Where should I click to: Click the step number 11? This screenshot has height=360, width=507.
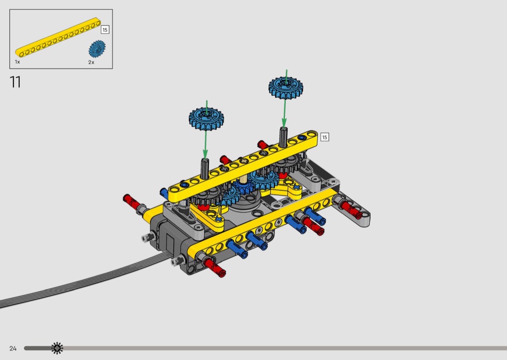point(15,82)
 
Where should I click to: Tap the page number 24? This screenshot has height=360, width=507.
point(13,348)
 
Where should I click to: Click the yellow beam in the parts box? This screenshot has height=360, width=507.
point(58,37)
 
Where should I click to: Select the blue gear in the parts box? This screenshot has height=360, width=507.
point(97,49)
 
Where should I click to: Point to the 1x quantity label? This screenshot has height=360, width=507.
point(17,62)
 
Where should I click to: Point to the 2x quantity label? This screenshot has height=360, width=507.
point(91,62)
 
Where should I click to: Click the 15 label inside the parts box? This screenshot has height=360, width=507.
point(105,30)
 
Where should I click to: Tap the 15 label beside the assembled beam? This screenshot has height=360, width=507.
point(324,137)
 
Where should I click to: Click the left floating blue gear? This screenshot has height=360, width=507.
point(206,119)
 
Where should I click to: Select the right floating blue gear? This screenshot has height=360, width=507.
point(286,87)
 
